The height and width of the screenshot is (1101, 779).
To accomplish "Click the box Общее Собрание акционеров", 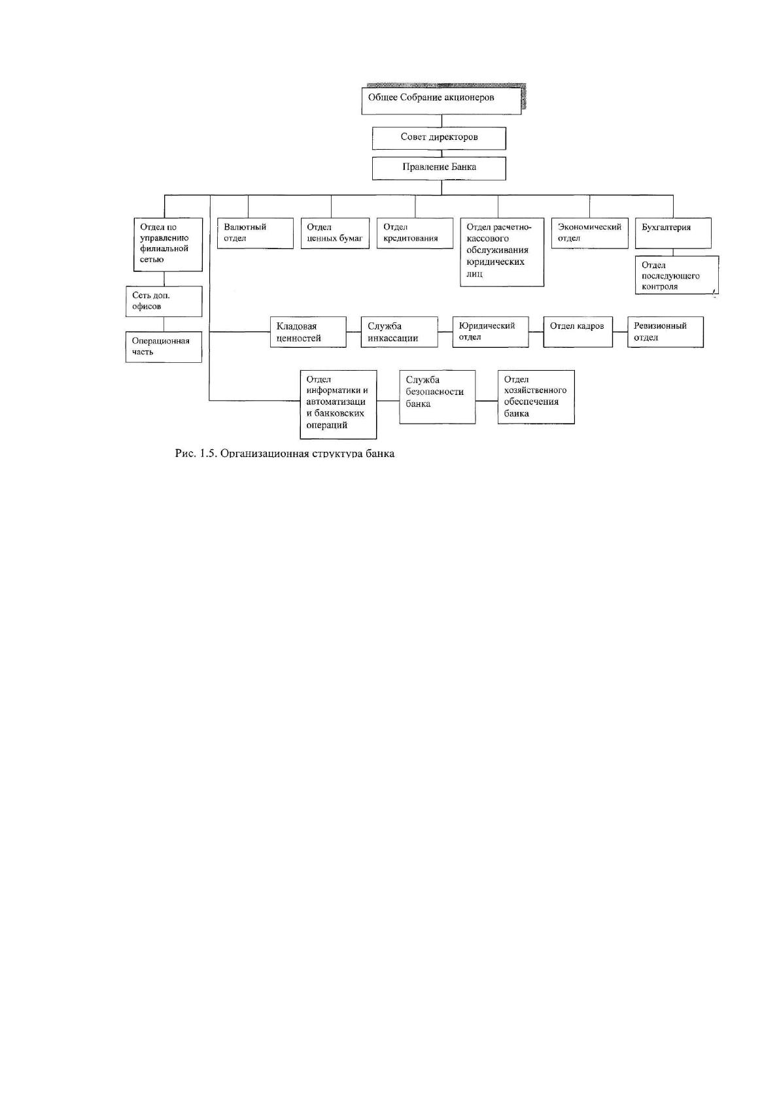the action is point(441,101).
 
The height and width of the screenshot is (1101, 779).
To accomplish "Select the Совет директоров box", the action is point(439,139).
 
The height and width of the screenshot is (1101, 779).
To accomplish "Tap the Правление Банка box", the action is point(439,168).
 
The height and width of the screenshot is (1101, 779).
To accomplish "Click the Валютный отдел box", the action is point(255,233).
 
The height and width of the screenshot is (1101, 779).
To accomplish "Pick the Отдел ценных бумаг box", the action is point(335,233).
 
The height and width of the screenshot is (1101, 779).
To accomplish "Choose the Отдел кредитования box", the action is point(415,233).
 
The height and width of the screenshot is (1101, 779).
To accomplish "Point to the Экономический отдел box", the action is point(590,233).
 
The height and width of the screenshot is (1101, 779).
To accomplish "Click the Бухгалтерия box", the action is point(673,233).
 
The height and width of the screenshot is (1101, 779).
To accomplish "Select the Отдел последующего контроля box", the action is point(677,275).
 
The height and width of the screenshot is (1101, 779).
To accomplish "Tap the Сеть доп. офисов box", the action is point(164,301).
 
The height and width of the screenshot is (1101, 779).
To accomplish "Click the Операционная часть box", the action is point(164,347).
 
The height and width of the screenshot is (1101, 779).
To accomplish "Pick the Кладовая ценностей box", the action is point(308,331).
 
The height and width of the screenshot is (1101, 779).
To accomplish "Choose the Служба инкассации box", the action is point(400,331).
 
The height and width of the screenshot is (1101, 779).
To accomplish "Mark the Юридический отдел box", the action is point(491,331).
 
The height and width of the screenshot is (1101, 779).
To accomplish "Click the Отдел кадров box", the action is point(578,331).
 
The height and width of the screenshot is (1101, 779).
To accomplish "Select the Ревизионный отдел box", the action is point(665,331).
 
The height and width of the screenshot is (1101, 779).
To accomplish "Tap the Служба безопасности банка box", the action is point(437,397).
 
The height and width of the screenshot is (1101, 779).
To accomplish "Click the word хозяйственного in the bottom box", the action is point(535,390).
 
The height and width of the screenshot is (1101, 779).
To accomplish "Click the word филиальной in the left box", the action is point(164,248).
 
